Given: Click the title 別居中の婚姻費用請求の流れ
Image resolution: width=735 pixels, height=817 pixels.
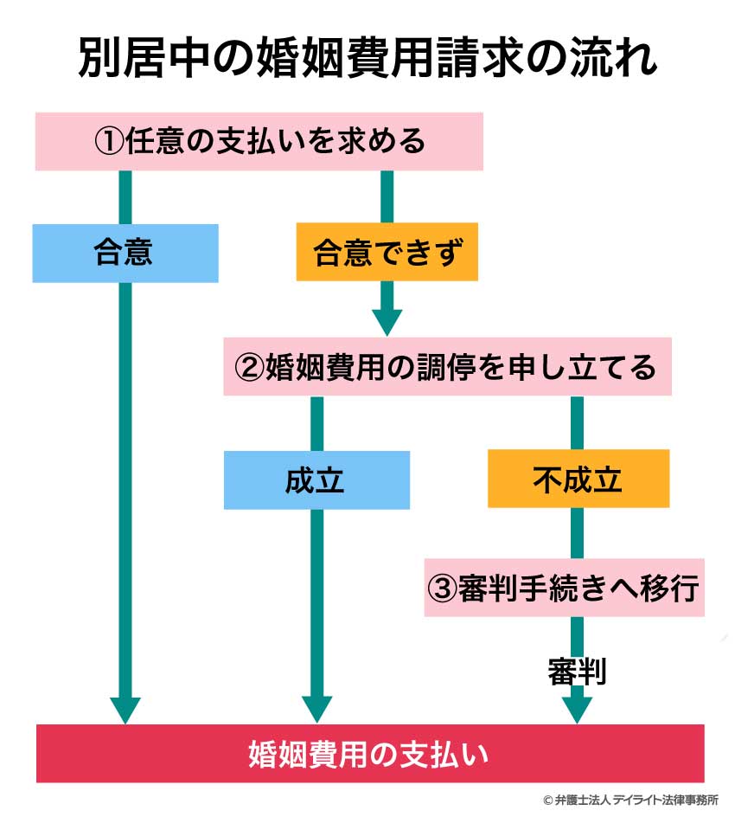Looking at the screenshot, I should click(x=368, y=58).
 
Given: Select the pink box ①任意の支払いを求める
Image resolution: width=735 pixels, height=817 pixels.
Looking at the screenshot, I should click(x=259, y=140).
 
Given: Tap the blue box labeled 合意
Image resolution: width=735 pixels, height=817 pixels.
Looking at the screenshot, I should click(x=125, y=253).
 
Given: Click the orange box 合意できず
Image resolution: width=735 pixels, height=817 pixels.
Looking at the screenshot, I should click(x=387, y=253).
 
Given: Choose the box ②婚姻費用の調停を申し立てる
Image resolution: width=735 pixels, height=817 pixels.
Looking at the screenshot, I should click(x=447, y=367).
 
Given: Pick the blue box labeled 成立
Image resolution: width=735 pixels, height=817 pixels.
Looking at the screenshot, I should click(x=316, y=479).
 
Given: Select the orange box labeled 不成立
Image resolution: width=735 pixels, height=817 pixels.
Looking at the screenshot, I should click(x=578, y=479).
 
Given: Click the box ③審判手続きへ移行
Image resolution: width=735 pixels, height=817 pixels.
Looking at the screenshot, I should click(x=564, y=589).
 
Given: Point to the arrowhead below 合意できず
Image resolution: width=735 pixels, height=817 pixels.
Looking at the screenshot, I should click(x=387, y=321).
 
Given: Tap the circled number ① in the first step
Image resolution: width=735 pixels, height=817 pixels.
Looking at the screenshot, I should click(x=109, y=140).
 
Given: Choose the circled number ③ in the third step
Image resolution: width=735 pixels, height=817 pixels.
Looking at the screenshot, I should click(x=441, y=589).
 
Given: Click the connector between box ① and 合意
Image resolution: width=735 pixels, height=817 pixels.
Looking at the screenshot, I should click(x=125, y=197).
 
